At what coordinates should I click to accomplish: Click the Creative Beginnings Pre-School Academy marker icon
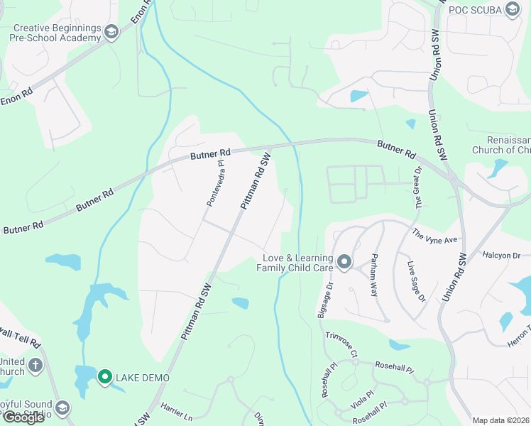click(111, 32)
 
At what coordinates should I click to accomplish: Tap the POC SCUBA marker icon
click(513, 9)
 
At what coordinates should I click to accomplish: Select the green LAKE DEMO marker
click(105, 377)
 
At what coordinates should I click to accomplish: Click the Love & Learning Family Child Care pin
click(344, 263)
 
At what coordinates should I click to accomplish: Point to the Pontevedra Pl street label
click(216, 183)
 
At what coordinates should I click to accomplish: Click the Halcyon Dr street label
click(501, 255)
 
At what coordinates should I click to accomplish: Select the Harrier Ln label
click(177, 412)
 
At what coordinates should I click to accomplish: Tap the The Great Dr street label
click(419, 186)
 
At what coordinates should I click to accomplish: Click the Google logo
click(23, 417)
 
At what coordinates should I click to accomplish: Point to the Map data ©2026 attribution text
click(500, 420)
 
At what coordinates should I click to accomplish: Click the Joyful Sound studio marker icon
click(62, 408)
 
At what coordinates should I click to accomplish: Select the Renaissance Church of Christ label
click(500, 146)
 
